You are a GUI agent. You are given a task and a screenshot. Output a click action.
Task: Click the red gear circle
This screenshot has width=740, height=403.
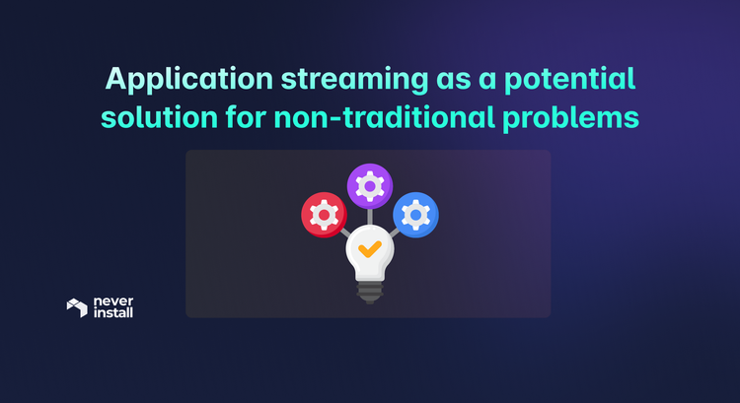click(323, 214)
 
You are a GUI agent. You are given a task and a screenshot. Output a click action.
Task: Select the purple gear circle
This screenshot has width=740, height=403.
click(369, 184)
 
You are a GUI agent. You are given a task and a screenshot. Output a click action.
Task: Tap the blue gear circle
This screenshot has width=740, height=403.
click(415, 214)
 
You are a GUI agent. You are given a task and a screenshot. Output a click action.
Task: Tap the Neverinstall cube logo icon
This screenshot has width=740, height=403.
click(77, 307)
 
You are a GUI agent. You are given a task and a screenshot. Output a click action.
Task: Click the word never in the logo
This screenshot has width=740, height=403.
click(111, 302)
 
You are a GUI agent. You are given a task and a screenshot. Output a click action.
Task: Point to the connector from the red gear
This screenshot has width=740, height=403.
click(344, 233)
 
